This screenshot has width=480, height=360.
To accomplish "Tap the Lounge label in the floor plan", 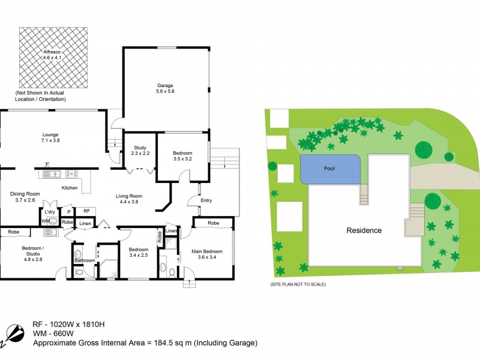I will click(x=50, y=136).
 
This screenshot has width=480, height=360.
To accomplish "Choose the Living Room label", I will click(x=128, y=199).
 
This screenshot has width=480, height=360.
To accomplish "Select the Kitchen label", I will click(x=70, y=188).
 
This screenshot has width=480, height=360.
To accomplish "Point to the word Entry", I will click(x=206, y=201).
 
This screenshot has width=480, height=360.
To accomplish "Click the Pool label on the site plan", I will click(x=329, y=169).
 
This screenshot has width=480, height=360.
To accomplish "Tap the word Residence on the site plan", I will click(x=364, y=230).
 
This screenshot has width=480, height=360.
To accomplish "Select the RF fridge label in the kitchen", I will click(x=86, y=211).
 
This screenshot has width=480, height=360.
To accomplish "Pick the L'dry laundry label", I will click(x=49, y=211).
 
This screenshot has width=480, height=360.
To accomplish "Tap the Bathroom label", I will click(x=85, y=260).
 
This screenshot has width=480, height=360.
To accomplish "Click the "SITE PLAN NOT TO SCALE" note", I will click(x=298, y=284).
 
